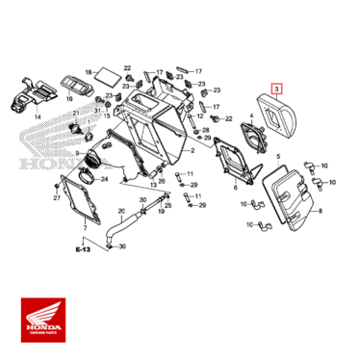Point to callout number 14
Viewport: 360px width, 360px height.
point(38,116)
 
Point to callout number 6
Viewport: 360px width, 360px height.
point(235,188)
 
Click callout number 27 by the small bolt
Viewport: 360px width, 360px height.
point(57,197)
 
